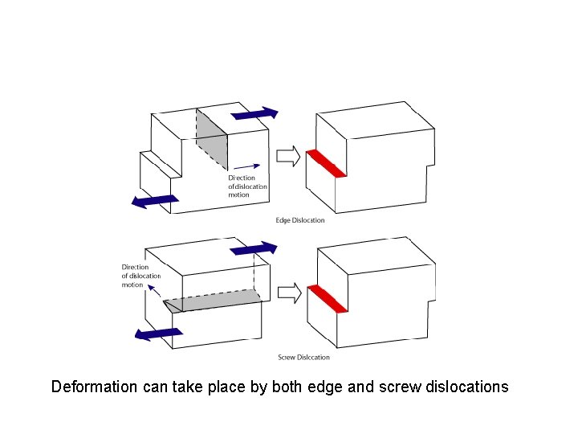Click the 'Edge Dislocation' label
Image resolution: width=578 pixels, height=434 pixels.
tap(300, 220)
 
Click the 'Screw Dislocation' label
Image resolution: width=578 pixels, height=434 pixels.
tap(303, 357)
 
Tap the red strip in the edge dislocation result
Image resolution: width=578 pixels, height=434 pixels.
tap(326, 164)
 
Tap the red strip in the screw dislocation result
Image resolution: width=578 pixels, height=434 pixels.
tap(327, 299)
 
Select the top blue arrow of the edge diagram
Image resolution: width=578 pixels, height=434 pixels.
tap(254, 114)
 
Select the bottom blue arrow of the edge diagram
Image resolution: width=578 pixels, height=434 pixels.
tap(155, 200)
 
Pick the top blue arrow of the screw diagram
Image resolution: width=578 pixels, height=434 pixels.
tap(254, 249)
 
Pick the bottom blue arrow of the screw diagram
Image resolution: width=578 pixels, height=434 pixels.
tap(157, 333)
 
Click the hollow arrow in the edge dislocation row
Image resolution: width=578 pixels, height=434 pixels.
tap(287, 154)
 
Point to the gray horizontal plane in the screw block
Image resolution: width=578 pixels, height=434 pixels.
tap(217, 302)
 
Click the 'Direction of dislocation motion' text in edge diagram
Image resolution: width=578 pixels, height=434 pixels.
tap(247, 186)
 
